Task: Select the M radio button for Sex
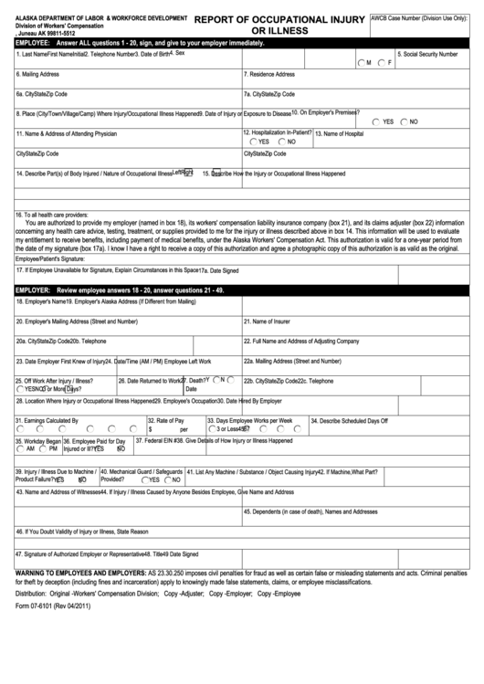click(x=361, y=62)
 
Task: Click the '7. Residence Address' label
click(x=270, y=74)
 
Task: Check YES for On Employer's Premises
click(x=376, y=121)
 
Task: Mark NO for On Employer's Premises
click(x=403, y=121)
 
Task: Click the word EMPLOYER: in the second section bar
click(x=33, y=289)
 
